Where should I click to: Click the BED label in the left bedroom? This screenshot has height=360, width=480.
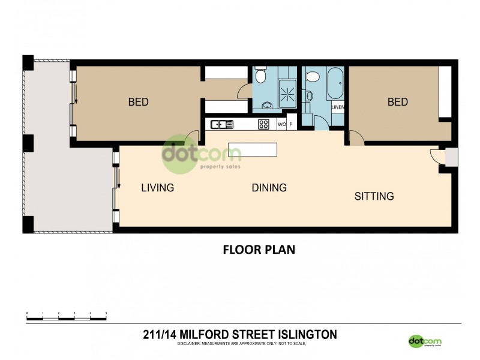pyautogui.click(x=138, y=102)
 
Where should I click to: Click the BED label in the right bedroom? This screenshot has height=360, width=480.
pyautogui.click(x=397, y=102)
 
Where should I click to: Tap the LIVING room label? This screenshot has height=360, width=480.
pyautogui.click(x=157, y=188)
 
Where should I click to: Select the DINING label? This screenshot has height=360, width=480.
pyautogui.click(x=269, y=188)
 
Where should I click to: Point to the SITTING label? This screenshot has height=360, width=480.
pyautogui.click(x=374, y=196)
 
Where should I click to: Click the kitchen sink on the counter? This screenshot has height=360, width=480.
pyautogui.click(x=221, y=125)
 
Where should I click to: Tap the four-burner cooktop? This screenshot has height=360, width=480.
pyautogui.click(x=263, y=125)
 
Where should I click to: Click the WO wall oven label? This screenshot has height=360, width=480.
pyautogui.click(x=281, y=125)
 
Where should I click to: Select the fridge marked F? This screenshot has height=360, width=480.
pyautogui.click(x=292, y=125)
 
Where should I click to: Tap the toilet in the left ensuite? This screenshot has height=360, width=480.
pyautogui.click(x=260, y=76)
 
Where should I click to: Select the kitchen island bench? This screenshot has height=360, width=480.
pyautogui.click(x=253, y=149)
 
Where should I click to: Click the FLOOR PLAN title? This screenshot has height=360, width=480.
pyautogui.click(x=259, y=249)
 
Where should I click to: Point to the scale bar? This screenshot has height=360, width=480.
pyautogui.click(x=66, y=314)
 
